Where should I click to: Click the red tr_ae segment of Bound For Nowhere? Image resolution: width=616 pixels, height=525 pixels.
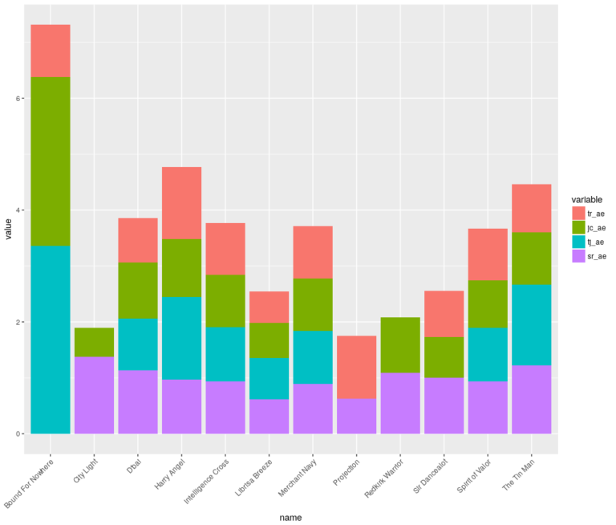click(50, 51)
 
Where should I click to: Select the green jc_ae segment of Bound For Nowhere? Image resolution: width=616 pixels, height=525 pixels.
click(50, 161)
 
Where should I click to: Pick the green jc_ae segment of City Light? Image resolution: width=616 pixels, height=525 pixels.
click(94, 342)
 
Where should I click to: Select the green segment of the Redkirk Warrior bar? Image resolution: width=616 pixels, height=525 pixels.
click(400, 345)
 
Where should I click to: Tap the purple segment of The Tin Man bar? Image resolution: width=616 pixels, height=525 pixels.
click(532, 399)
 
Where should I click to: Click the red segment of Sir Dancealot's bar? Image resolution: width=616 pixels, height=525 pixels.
click(444, 314)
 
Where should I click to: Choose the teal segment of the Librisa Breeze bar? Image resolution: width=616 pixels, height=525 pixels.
click(269, 378)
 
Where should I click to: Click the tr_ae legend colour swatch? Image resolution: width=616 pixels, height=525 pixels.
click(578, 213)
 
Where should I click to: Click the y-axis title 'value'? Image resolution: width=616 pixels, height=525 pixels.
click(8, 233)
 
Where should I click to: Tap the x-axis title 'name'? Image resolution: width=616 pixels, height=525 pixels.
click(290, 517)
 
